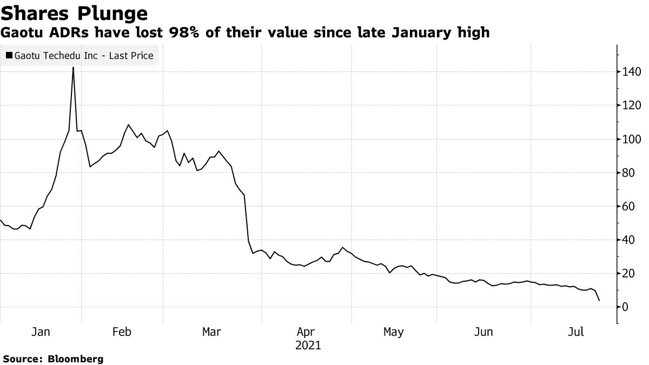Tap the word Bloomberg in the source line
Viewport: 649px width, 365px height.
pyautogui.click(x=76, y=359)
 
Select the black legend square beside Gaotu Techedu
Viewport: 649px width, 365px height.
pyautogui.click(x=9, y=55)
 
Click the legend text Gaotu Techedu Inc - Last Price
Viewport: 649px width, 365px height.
pyautogui.click(x=84, y=55)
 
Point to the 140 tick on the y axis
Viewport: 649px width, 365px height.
pyautogui.click(x=632, y=72)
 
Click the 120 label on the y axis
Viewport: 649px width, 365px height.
pyautogui.click(x=632, y=105)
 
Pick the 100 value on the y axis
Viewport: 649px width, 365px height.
pyautogui.click(x=632, y=139)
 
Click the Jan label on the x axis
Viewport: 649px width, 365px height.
pyautogui.click(x=41, y=332)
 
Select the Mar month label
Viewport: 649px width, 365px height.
pyautogui.click(x=211, y=332)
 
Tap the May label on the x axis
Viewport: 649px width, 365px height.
pyautogui.click(x=393, y=332)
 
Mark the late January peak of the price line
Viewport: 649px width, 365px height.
pyautogui.click(x=73, y=68)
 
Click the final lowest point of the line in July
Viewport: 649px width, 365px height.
pyautogui.click(x=599, y=301)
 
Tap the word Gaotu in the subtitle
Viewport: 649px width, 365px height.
pyautogui.click(x=21, y=33)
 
